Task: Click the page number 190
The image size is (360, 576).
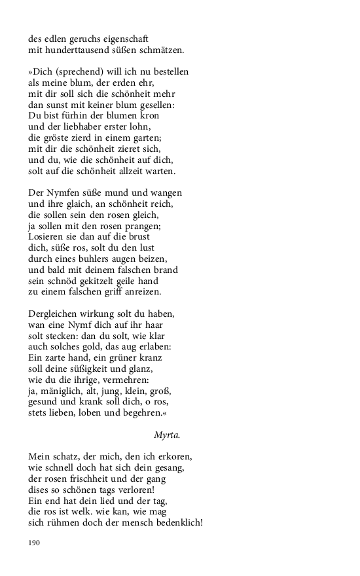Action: tap(35, 543)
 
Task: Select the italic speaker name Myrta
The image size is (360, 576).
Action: tap(167, 434)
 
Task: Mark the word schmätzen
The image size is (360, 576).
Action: tap(160, 50)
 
